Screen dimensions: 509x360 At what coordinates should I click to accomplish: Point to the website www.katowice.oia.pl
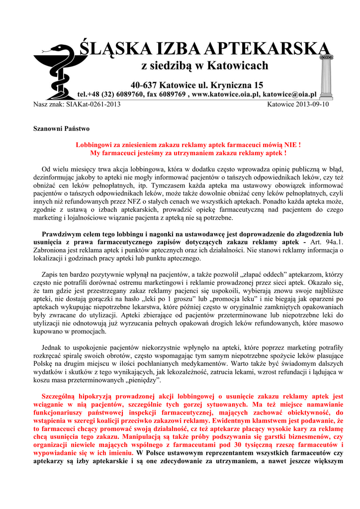(226, 94)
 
